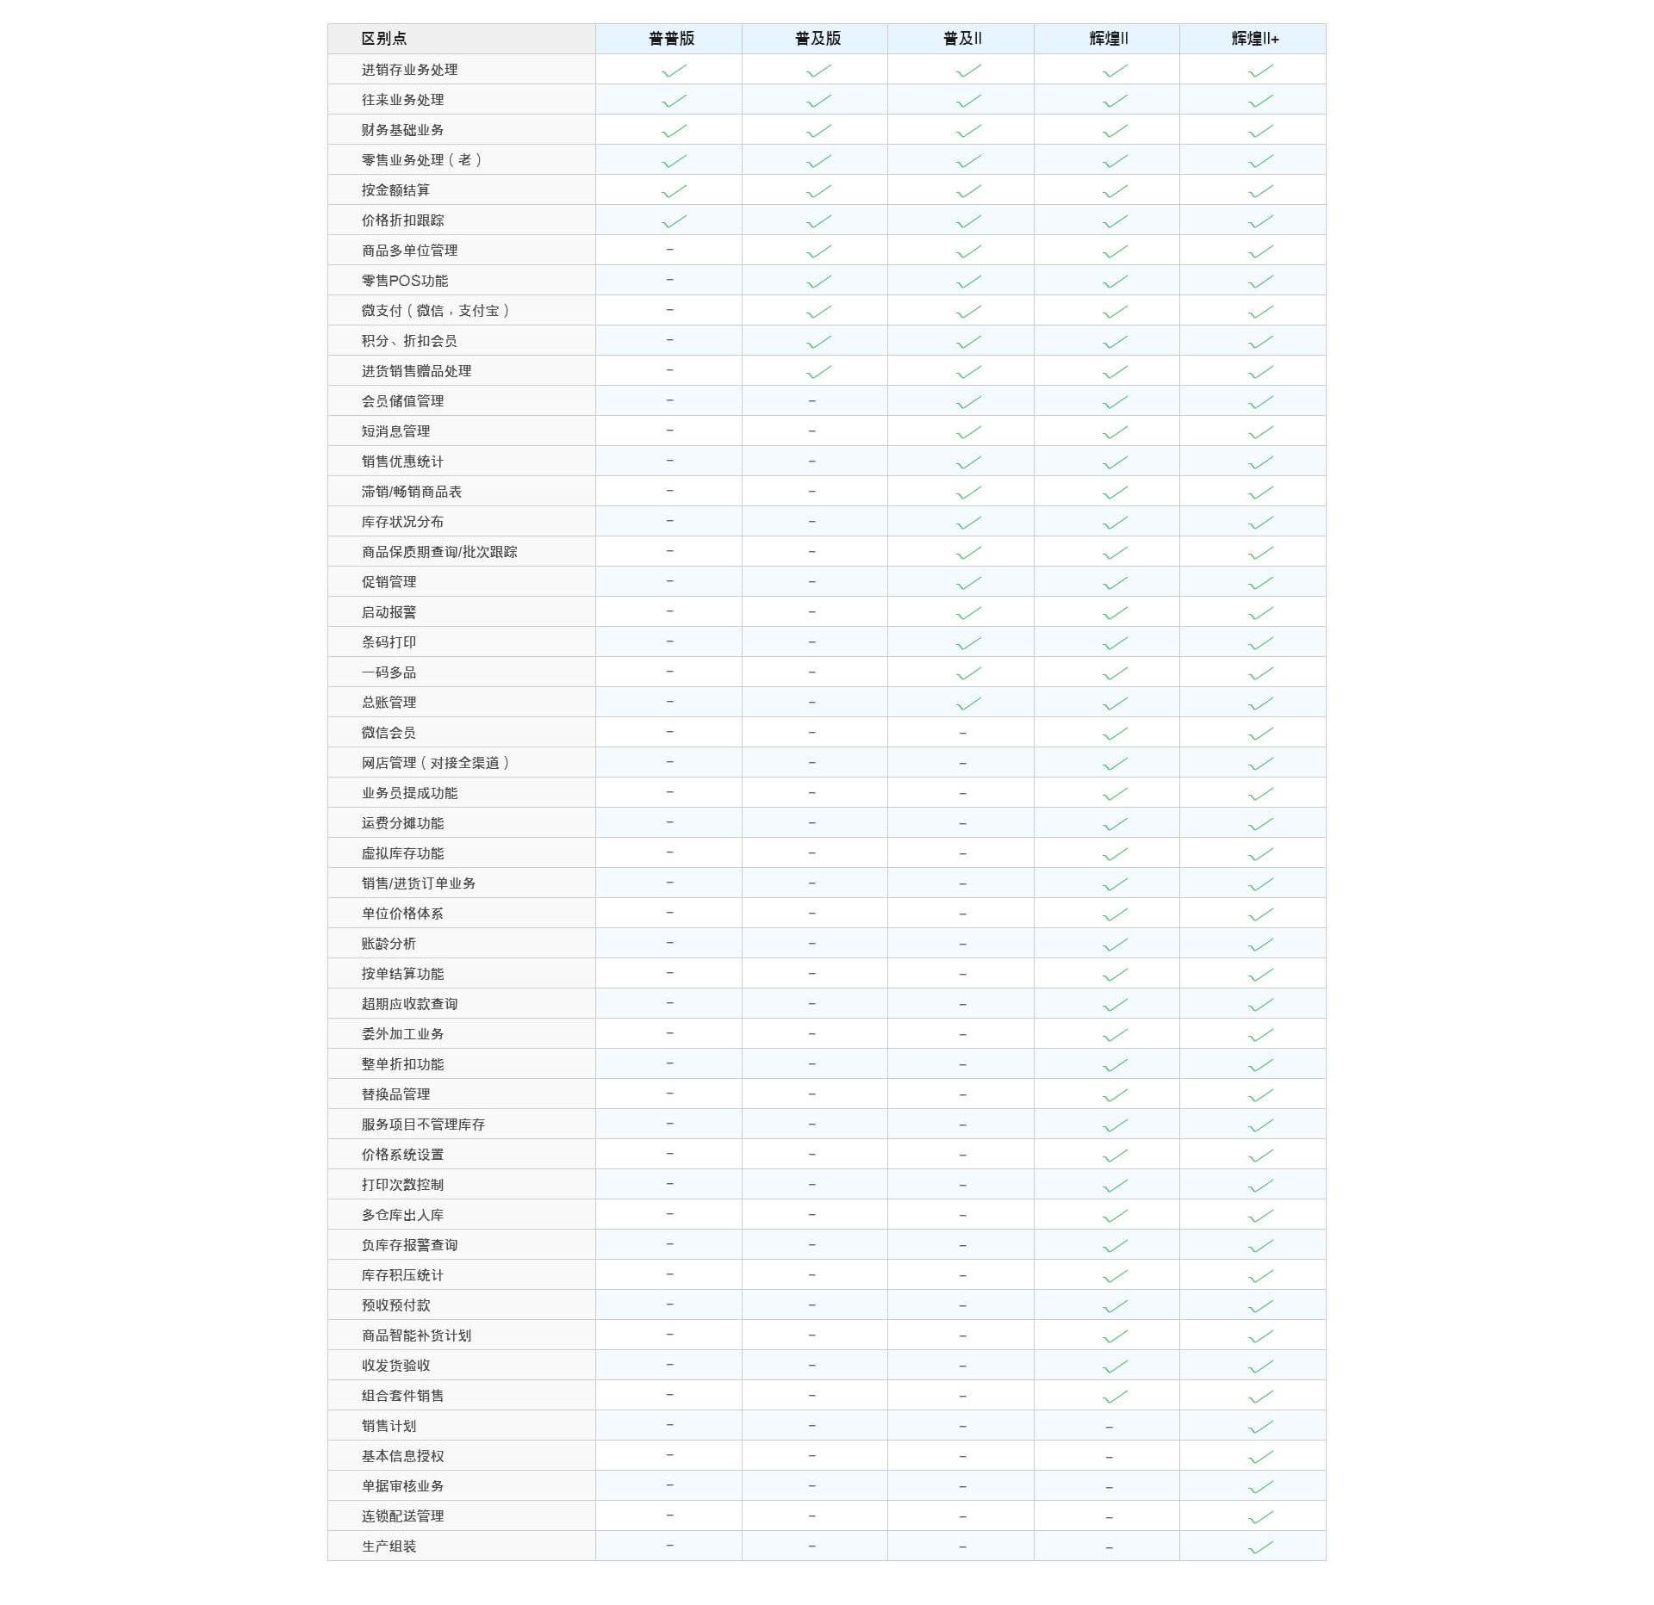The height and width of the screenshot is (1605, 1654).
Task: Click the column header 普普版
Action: coord(671,39)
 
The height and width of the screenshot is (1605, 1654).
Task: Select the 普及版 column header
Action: coord(818,39)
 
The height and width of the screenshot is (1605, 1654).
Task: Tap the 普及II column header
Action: coord(962,39)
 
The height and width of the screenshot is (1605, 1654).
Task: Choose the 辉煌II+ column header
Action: coord(1255,39)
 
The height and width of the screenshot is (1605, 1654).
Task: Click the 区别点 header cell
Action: coord(384,39)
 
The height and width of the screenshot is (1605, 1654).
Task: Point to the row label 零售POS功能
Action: coord(405,281)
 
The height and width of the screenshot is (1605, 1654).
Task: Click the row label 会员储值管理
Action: coord(402,401)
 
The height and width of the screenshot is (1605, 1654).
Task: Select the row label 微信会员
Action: coord(389,733)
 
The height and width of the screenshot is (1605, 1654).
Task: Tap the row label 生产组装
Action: coord(389,1546)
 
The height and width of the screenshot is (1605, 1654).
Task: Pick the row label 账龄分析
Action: coord(389,944)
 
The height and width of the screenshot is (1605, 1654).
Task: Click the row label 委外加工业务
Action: coord(402,1034)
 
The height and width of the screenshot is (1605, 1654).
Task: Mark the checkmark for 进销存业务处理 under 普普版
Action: coord(674,71)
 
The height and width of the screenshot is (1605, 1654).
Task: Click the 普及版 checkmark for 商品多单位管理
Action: coord(818,251)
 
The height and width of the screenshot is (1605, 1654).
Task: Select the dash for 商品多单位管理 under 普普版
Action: coord(670,250)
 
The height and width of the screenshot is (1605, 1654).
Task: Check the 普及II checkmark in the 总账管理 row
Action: coord(968,703)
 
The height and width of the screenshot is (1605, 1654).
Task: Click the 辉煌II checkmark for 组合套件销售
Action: coord(1115,1397)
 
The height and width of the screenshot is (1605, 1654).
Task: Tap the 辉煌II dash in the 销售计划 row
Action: coord(1110,1428)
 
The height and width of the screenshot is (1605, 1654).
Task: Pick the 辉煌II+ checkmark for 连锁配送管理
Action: coord(1260,1517)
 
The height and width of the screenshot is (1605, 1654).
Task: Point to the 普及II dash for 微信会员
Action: coord(963,734)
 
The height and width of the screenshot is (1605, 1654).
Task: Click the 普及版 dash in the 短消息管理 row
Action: coord(812,431)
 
